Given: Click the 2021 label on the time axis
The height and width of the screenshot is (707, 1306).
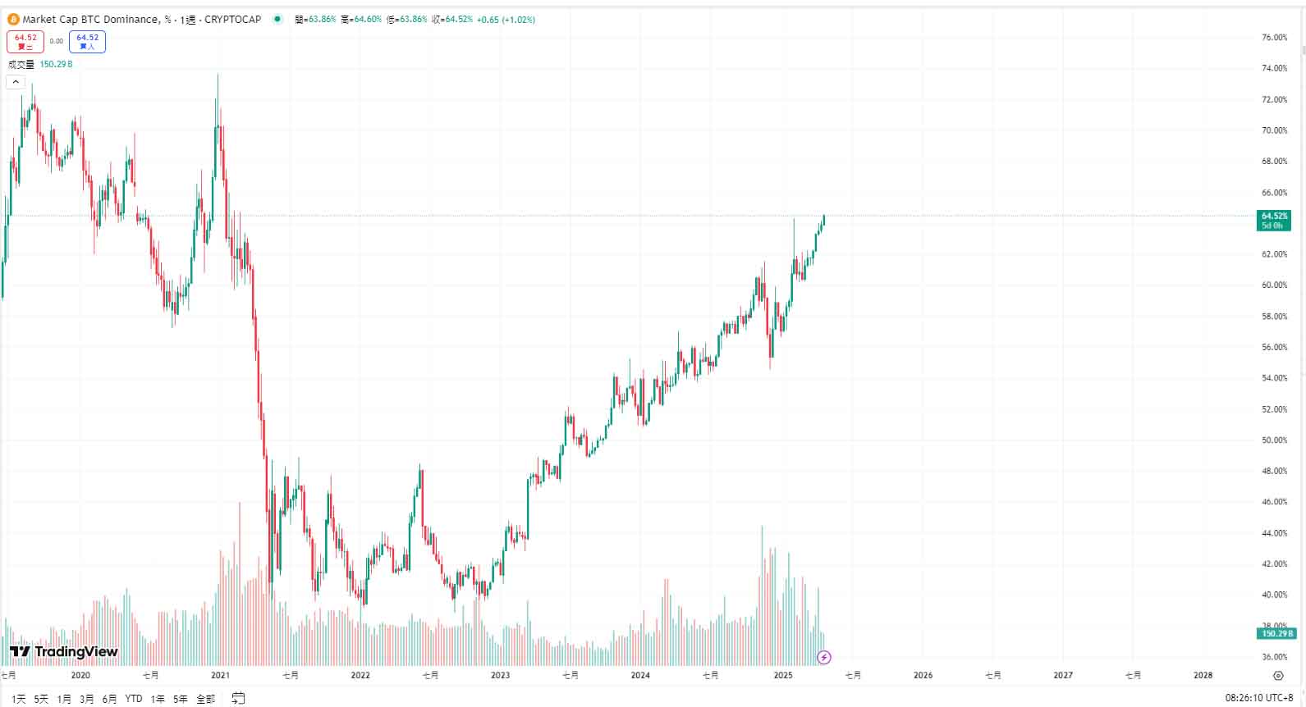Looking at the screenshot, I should [x=220, y=675].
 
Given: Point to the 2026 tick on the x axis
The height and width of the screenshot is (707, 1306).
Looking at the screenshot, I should [x=923, y=675].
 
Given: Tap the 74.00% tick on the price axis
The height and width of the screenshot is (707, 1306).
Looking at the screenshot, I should [x=1274, y=69].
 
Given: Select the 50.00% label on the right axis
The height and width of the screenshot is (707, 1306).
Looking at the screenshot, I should [x=1274, y=440].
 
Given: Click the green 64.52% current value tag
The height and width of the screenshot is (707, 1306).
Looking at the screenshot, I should [x=1273, y=220].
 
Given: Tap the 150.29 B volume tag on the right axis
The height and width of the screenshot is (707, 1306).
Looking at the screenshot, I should [x=1276, y=633].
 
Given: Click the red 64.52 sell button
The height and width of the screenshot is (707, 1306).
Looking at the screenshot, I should [x=25, y=41].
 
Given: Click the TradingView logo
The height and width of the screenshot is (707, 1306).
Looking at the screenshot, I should [x=64, y=651].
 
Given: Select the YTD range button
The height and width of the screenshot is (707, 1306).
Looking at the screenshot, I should [x=134, y=699].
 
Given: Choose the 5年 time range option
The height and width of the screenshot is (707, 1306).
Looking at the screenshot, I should [x=180, y=699].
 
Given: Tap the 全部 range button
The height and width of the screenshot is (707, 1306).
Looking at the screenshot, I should [x=205, y=699].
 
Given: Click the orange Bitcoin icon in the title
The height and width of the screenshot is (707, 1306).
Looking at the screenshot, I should [x=13, y=19].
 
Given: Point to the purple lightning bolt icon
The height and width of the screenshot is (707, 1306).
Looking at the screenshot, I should [x=824, y=657].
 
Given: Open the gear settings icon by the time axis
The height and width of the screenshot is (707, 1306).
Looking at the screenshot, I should [x=1278, y=676].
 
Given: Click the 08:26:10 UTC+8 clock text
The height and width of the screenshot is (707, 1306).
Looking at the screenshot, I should [x=1258, y=698].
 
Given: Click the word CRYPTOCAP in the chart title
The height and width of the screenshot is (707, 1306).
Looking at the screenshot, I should [x=232, y=19].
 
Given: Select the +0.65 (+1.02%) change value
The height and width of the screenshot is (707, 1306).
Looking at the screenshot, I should [x=506, y=19].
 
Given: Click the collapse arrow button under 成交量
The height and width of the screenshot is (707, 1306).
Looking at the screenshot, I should [x=16, y=82].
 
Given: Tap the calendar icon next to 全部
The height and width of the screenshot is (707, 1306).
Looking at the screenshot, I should [x=238, y=698].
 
